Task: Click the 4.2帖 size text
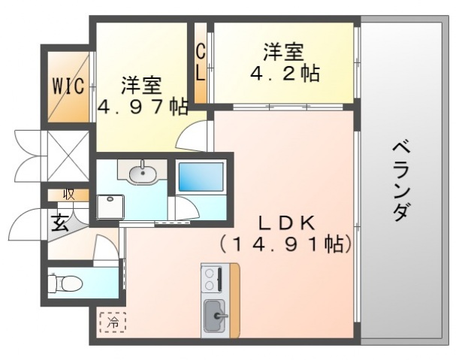tap(284, 74)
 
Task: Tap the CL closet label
tap(201, 63)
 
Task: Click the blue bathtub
tap(201, 177)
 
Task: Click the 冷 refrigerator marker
tap(111, 321)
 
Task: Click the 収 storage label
tap(68, 194)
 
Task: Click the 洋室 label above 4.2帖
tap(283, 53)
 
